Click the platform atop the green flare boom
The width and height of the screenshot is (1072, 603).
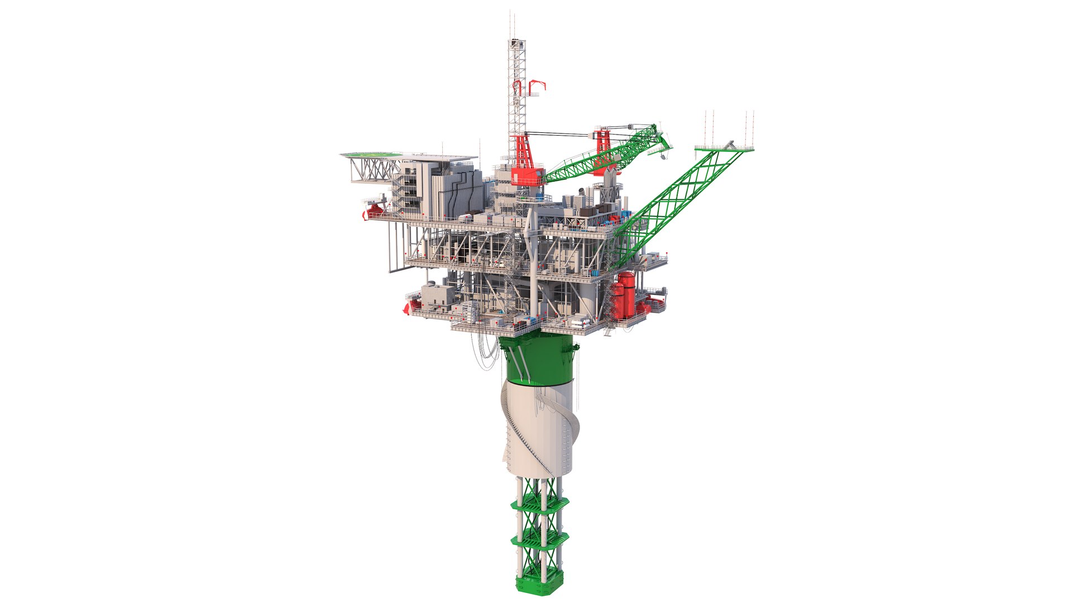tap(724, 148)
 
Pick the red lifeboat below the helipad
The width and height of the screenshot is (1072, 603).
tap(374, 210)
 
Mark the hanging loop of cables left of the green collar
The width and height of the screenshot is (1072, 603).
tap(486, 352)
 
